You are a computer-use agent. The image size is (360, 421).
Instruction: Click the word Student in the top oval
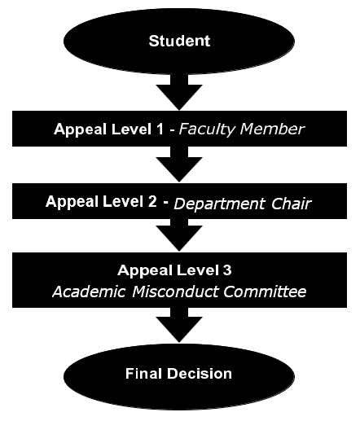click(179, 41)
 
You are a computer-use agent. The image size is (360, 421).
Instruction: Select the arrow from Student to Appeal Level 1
click(179, 92)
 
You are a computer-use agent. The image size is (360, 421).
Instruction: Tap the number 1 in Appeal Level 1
click(160, 129)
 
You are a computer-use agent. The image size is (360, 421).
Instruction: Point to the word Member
click(272, 129)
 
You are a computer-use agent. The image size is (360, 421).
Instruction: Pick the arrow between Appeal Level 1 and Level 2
click(179, 164)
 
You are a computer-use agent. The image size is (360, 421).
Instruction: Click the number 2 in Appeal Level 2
click(152, 201)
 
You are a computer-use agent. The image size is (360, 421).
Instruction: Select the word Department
click(219, 204)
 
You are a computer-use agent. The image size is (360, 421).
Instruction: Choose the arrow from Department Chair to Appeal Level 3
click(179, 235)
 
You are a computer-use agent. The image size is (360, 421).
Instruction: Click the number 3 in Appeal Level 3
click(227, 270)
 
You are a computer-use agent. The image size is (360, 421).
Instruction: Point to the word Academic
click(89, 292)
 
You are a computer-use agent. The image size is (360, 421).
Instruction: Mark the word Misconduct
click(176, 292)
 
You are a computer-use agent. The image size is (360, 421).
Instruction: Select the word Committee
click(265, 292)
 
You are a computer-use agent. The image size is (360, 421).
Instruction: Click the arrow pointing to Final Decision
click(179, 325)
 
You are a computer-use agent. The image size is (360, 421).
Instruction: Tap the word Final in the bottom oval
click(143, 374)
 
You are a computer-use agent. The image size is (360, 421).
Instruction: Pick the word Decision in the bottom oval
click(200, 374)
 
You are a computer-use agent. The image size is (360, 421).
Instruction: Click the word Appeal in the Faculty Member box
click(80, 129)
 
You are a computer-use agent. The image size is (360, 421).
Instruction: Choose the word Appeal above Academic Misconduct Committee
click(144, 270)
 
